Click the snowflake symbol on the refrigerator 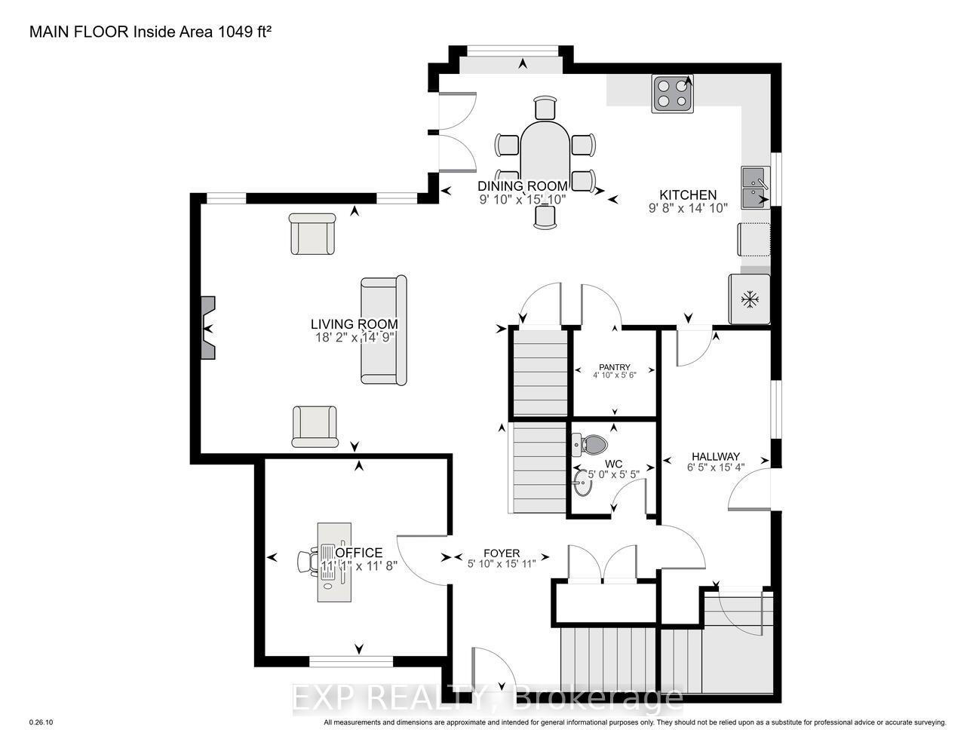point(750,299)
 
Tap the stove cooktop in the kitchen point(672,93)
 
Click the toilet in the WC point(590,444)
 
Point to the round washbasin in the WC point(584,483)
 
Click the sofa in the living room point(384,330)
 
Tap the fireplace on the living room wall point(207,328)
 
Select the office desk point(334,562)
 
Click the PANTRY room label point(615,367)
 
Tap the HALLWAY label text point(716,456)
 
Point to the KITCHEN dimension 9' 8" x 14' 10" point(688,208)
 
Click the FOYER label point(502,553)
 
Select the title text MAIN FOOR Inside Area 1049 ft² point(150,32)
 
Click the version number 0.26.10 point(41,722)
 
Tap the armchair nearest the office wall point(315,426)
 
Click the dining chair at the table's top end point(545,107)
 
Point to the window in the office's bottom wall point(351,661)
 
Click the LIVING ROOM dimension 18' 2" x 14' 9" point(354,338)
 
